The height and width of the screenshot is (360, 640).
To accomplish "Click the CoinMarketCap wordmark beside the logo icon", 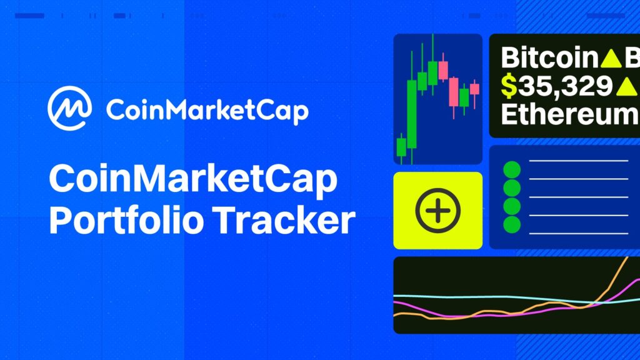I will pos(207,111).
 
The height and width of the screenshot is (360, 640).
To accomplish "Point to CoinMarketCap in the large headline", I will pos(193,180).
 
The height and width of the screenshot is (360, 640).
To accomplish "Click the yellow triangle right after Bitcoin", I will pos(609,59).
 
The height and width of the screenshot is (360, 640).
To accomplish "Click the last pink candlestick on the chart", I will pos(474,89).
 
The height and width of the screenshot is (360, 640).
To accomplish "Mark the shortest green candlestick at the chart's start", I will pos(401,147).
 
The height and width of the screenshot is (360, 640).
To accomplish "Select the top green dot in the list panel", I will pos(512,169).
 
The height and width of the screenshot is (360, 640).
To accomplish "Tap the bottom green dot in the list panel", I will pos(512,224).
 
